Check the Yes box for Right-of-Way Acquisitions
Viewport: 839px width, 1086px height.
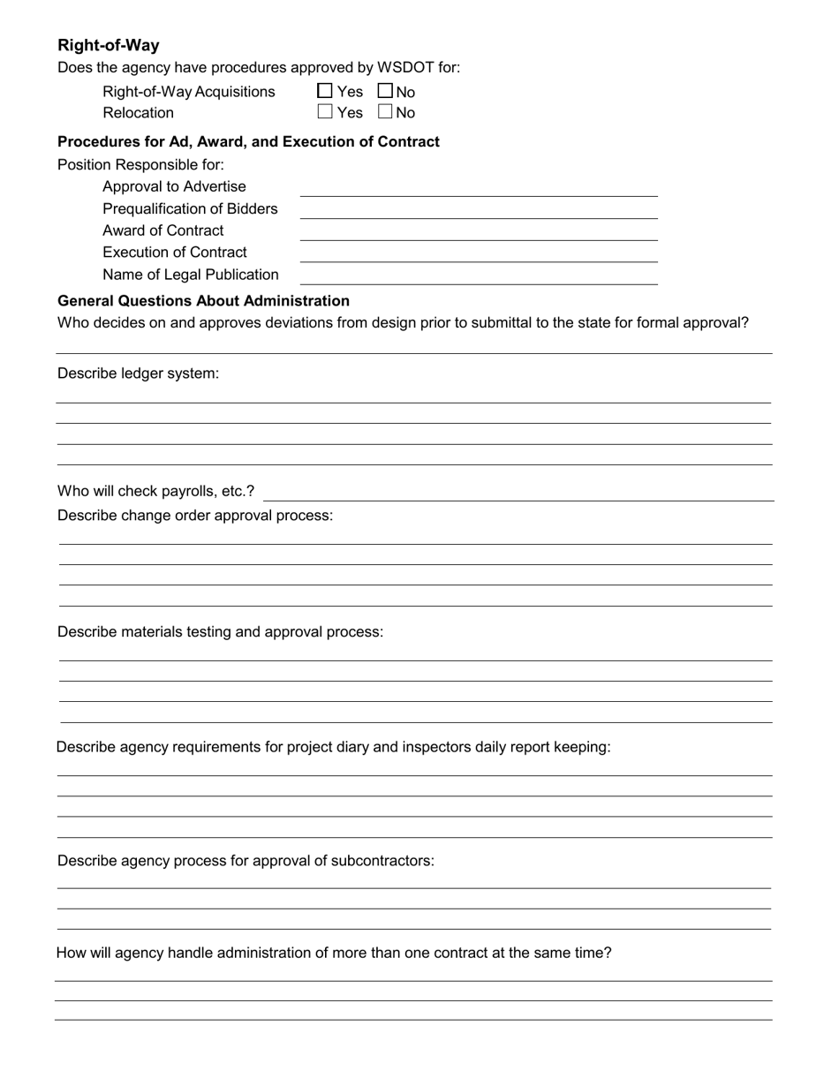pos(325,91)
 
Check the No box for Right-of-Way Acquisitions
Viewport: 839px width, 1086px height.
pos(385,91)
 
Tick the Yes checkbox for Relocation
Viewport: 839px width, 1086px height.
pos(325,112)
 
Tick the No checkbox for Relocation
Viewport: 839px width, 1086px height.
pos(385,112)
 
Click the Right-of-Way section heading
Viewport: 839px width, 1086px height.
pos(109,45)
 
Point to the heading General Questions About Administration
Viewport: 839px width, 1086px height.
pos(203,301)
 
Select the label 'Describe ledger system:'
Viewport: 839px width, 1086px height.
pos(138,373)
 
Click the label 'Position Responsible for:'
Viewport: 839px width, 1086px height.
pos(140,165)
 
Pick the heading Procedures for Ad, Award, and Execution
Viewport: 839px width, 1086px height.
pos(248,142)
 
